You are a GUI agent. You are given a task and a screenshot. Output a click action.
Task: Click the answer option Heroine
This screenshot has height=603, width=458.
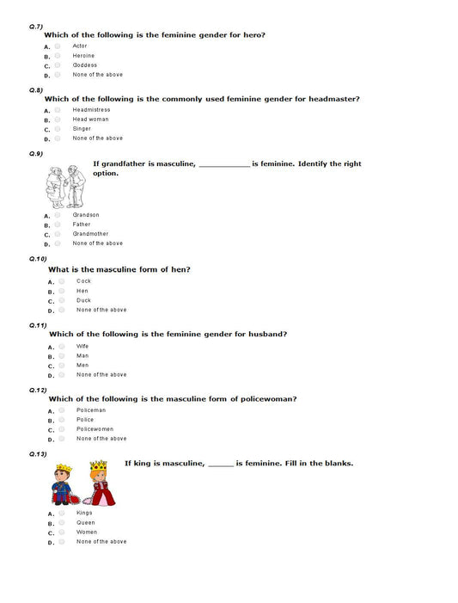pyautogui.click(x=83, y=55)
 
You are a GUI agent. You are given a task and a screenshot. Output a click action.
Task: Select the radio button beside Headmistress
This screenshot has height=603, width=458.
pyautogui.click(x=58, y=109)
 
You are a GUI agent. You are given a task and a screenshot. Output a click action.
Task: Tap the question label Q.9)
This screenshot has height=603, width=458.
pyautogui.click(x=36, y=153)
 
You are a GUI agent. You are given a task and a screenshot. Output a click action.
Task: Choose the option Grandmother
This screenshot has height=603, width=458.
pyautogui.click(x=90, y=234)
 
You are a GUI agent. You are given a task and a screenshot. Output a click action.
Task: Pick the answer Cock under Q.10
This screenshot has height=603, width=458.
pyautogui.click(x=83, y=281)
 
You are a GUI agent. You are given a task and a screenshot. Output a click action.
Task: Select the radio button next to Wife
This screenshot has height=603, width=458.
pyautogui.click(x=62, y=346)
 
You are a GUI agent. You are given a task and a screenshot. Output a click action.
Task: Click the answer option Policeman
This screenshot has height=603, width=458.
pyautogui.click(x=91, y=410)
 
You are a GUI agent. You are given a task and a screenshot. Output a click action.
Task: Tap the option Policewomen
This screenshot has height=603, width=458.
pyautogui.click(x=95, y=429)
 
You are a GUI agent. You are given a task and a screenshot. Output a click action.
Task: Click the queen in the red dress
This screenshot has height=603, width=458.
pyautogui.click(x=98, y=483)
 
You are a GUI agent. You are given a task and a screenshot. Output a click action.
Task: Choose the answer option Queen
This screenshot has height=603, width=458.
pyautogui.click(x=86, y=522)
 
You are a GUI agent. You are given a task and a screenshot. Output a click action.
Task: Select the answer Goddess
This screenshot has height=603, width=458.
pyautogui.click(x=85, y=65)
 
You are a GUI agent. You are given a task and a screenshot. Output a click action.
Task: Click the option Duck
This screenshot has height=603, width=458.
pyautogui.click(x=83, y=300)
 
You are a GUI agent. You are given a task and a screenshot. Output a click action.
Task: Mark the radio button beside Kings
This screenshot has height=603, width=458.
pyautogui.click(x=62, y=513)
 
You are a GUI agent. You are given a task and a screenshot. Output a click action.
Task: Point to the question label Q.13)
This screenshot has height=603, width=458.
pyautogui.click(x=38, y=453)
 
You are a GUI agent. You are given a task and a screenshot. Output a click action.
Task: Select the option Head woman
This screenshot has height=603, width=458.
pyautogui.click(x=90, y=119)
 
